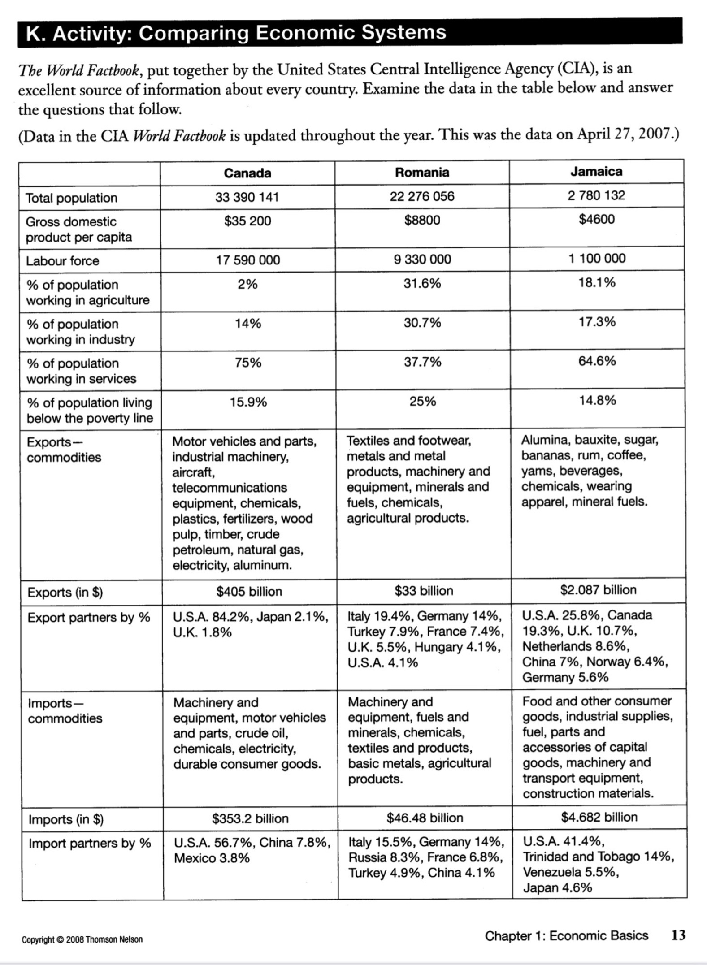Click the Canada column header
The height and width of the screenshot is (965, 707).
[x=247, y=173]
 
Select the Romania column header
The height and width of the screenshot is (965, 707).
[x=422, y=172]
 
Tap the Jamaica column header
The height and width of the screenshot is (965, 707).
[x=596, y=171]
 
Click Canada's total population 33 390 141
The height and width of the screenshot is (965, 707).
[x=247, y=197]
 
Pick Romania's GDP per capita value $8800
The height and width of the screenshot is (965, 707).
[x=422, y=220]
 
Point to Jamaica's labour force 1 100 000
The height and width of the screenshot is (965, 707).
[x=597, y=258]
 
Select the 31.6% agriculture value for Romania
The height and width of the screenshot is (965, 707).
[x=422, y=283]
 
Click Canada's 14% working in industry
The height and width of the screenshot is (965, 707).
[x=248, y=323]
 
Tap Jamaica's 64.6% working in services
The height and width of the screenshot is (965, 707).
[x=597, y=361]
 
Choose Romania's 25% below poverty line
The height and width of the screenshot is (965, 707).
[x=422, y=401]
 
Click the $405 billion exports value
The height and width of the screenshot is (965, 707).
[x=249, y=592]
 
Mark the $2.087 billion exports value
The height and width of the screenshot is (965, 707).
[x=598, y=590]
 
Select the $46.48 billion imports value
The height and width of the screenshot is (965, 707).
[x=425, y=818]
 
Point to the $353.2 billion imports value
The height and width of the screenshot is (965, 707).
[x=250, y=819]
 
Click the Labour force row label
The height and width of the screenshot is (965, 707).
[x=62, y=261]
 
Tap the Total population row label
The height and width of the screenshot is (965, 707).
[x=71, y=198]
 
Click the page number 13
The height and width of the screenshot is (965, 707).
[x=678, y=935]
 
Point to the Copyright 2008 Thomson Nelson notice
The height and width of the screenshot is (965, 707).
[x=82, y=939]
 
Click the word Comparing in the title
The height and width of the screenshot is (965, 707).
[x=193, y=33]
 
